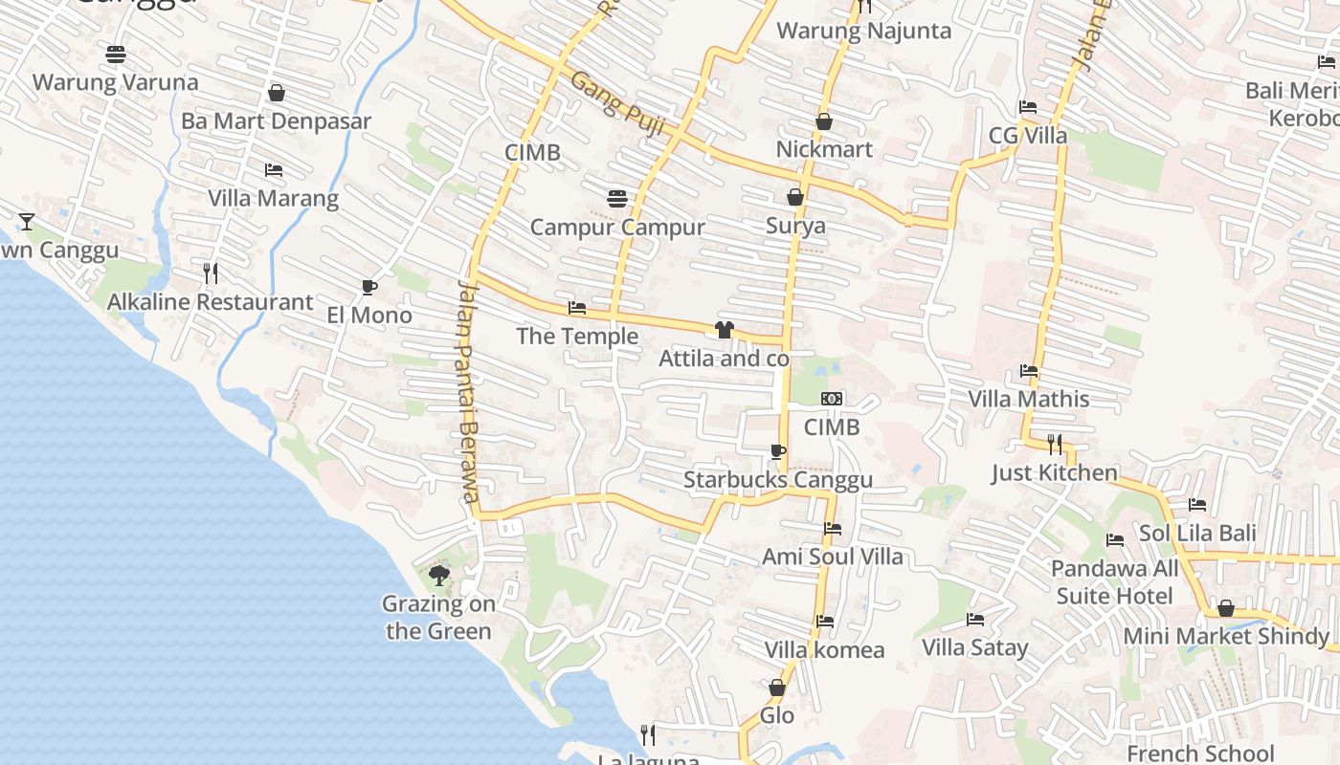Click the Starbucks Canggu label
coord(777,480)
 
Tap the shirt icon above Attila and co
coord(724,330)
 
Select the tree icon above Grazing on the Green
coord(439,575)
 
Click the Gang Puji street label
coord(616,102)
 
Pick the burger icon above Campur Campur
coord(617,198)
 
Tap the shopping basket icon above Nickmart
coord(824,121)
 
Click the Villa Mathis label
coord(1029,399)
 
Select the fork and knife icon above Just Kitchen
coord(1054,444)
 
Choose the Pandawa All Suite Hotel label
coord(1114,582)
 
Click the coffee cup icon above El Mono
coord(369,287)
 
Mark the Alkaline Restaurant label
coord(210,302)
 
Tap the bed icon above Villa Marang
coord(274,170)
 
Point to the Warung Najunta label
coord(863,31)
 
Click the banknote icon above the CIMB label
coord(832,398)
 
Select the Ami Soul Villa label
coord(832,557)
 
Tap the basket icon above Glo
coord(777,688)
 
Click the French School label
coord(1200,754)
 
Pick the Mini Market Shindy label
coord(1226,636)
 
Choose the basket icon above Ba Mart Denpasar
coord(277,93)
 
